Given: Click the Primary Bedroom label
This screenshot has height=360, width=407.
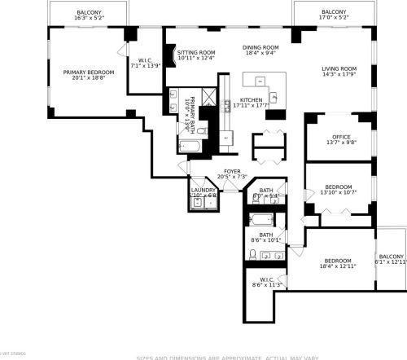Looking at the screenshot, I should pos(89,72).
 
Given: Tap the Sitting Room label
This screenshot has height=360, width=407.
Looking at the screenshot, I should pos(196,51).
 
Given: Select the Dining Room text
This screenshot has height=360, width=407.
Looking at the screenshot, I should pos(260,47).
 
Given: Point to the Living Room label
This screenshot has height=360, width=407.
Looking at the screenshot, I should pos(339,68).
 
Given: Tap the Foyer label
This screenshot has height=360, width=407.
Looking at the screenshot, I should pos(233,171).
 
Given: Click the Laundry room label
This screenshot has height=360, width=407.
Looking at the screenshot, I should pos(203,190).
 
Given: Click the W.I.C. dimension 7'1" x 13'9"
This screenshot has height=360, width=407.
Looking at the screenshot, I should pos(147,65).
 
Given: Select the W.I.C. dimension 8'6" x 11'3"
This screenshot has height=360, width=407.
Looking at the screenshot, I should pos(266,285).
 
